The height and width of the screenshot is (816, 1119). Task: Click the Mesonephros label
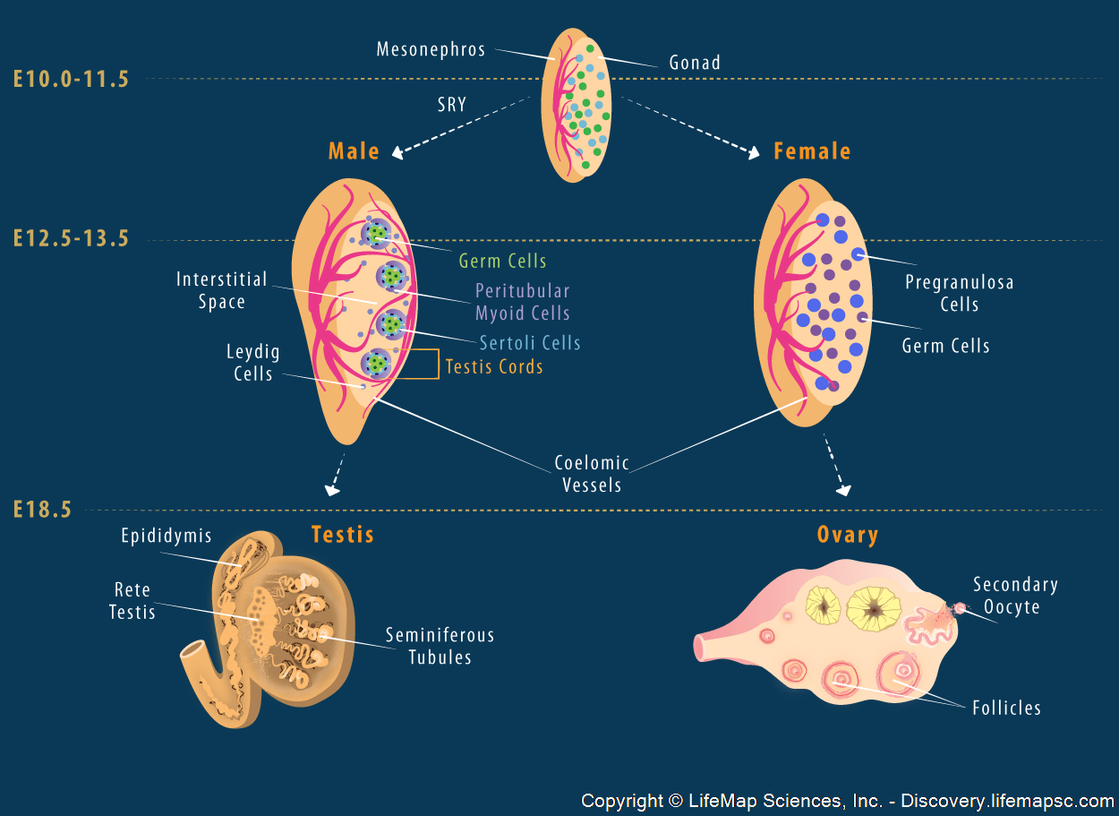431,48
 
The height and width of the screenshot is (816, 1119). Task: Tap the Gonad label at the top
695,63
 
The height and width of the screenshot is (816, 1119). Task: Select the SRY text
452,105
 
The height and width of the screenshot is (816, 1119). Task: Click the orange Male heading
354,151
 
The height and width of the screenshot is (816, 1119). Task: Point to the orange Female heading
812,151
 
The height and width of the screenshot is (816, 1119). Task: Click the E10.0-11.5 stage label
71,79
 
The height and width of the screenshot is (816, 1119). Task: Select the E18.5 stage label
41,511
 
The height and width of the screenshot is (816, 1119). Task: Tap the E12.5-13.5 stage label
71,238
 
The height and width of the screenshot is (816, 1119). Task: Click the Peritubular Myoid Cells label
523,302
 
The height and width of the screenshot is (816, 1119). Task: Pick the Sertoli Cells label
530,343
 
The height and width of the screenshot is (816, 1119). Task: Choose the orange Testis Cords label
494,367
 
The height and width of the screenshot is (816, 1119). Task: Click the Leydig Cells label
253,363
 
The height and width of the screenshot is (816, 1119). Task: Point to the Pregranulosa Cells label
959,293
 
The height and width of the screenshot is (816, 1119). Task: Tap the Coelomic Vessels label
592,475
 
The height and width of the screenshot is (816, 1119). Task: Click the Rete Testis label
132,601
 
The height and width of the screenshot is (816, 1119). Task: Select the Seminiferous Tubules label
440,646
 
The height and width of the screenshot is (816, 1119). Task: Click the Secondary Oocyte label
1015,596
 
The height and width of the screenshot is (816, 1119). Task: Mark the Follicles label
1006,709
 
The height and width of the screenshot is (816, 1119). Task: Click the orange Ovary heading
847,536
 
